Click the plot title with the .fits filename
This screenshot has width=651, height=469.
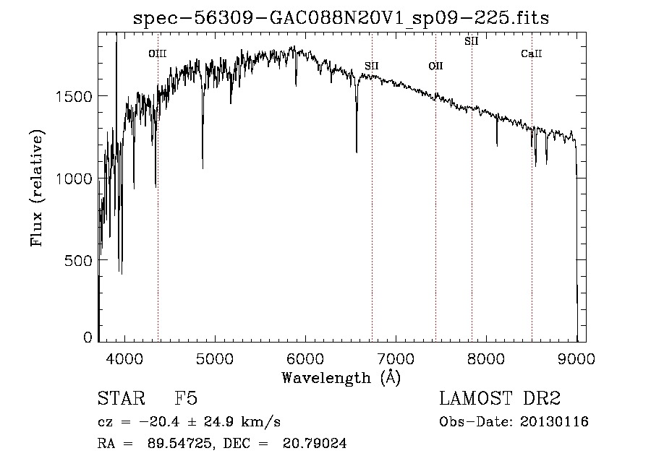pos(341,18)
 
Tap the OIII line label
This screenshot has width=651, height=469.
pos(157,53)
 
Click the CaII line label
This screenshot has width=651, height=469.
pos(532,53)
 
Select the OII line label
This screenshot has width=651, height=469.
pos(435,66)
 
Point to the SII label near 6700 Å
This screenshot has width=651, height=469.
pos(372,66)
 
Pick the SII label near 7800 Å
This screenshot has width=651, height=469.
pos(471,41)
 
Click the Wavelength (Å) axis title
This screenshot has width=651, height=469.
pos(341,377)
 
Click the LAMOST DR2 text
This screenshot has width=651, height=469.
pos(500,399)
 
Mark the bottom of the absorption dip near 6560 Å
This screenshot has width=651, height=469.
pos(357,152)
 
